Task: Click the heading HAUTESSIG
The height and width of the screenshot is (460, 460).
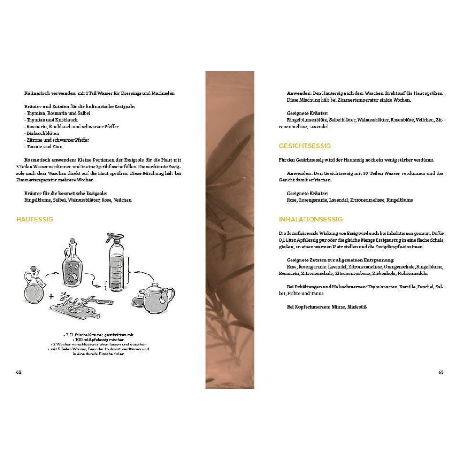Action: click(35, 219)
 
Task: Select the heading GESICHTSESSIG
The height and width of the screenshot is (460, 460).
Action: click(305, 146)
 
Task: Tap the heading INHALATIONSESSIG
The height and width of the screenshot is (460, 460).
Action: click(310, 219)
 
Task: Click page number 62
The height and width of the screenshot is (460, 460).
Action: click(18, 372)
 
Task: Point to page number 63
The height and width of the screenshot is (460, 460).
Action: click(441, 372)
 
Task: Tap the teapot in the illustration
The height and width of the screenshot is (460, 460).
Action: click(157, 297)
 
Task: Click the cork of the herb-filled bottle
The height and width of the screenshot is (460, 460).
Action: click(72, 241)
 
